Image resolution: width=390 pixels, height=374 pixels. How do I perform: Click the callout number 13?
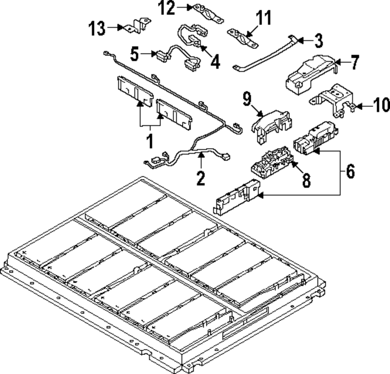(97, 28)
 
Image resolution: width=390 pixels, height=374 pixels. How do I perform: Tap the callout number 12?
(167, 8)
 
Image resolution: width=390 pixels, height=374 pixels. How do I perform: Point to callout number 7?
(354, 63)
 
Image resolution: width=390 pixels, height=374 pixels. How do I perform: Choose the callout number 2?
(200, 178)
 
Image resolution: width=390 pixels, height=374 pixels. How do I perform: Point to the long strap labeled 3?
(265, 55)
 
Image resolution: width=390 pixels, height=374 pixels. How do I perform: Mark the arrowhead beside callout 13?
(120, 28)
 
